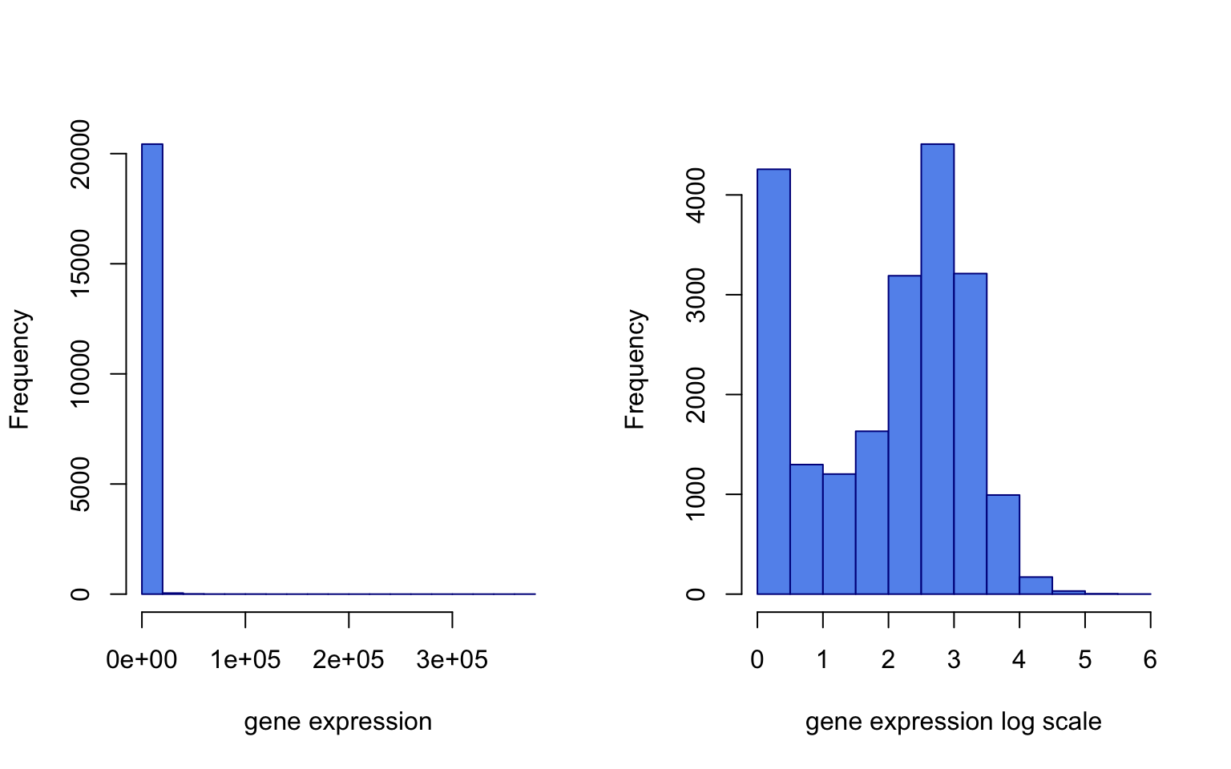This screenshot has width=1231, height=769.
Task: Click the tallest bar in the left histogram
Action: [x=152, y=368]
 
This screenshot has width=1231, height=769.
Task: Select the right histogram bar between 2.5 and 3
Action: [x=937, y=368]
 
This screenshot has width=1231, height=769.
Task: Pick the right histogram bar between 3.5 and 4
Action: [x=1003, y=545]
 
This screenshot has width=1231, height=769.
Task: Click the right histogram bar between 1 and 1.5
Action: [x=839, y=534]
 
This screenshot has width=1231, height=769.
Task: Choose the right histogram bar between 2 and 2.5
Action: [x=904, y=435]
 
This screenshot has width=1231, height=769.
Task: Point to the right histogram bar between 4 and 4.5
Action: [x=1035, y=586]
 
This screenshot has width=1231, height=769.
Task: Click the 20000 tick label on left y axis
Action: [x=80, y=154]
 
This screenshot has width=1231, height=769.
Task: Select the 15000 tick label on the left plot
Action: [x=80, y=264]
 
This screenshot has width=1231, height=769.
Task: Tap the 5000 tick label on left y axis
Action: [x=80, y=484]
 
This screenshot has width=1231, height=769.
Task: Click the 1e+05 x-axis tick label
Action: [x=245, y=659]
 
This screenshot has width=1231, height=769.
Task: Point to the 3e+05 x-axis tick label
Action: [x=452, y=659]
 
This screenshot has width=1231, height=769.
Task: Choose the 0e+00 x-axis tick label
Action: [x=142, y=659]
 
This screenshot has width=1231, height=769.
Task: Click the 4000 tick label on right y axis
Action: [x=696, y=195]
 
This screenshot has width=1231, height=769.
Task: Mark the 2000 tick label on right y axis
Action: [x=696, y=394]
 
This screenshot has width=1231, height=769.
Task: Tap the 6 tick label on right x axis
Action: [x=1150, y=659]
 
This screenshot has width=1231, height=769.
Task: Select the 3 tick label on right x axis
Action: [x=954, y=659]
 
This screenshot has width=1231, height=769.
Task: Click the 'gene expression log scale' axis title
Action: [x=953, y=722]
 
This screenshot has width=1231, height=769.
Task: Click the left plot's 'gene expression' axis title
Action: [x=337, y=722]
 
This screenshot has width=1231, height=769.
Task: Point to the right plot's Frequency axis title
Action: [x=635, y=369]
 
